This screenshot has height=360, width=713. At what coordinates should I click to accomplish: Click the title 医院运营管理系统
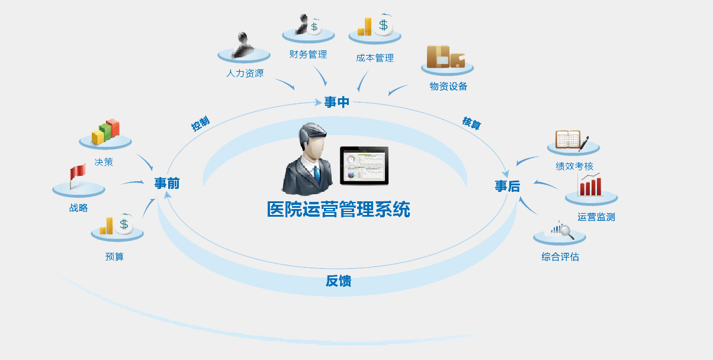(x=338, y=210)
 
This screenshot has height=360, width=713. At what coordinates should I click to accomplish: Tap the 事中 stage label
(x=337, y=102)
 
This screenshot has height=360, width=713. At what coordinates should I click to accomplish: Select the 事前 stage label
(x=166, y=184)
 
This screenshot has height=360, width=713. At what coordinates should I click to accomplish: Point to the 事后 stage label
(x=508, y=187)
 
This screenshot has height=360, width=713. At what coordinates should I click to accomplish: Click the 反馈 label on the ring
(x=338, y=281)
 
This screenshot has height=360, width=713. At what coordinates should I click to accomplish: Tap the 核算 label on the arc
(x=471, y=124)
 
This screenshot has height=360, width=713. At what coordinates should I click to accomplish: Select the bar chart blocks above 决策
(x=106, y=132)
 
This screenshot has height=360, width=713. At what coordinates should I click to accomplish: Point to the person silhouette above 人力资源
(x=243, y=46)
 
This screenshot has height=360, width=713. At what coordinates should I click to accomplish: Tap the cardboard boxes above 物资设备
(x=446, y=57)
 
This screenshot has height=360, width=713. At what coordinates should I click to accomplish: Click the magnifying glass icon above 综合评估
(x=564, y=230)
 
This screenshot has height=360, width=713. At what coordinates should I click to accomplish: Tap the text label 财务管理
(x=308, y=54)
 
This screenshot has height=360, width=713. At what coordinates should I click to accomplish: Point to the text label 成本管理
(x=375, y=58)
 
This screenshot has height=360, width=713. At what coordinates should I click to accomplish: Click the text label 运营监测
(x=596, y=217)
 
